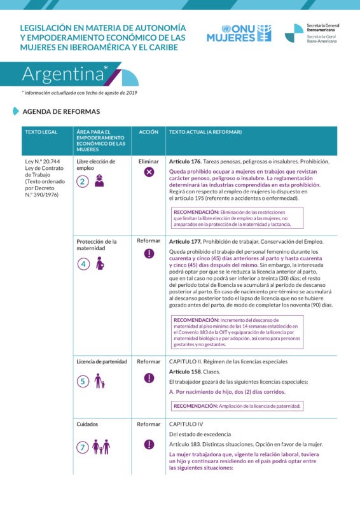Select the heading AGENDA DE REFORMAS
pos(61,111)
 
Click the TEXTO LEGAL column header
pos(41,132)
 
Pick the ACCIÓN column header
pos(149,132)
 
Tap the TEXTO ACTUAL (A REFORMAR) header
pos(205,132)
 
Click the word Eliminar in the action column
pos(149,162)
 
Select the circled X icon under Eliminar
pos(149,172)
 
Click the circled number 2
pos(83,181)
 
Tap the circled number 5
pos(83,382)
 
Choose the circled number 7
pos(83,447)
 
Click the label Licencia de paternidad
pos(102,361)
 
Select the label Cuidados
pos(87,424)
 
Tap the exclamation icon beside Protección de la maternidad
pos(149,253)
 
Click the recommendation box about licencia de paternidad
pos(237,405)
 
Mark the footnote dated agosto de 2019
pos(80,93)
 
